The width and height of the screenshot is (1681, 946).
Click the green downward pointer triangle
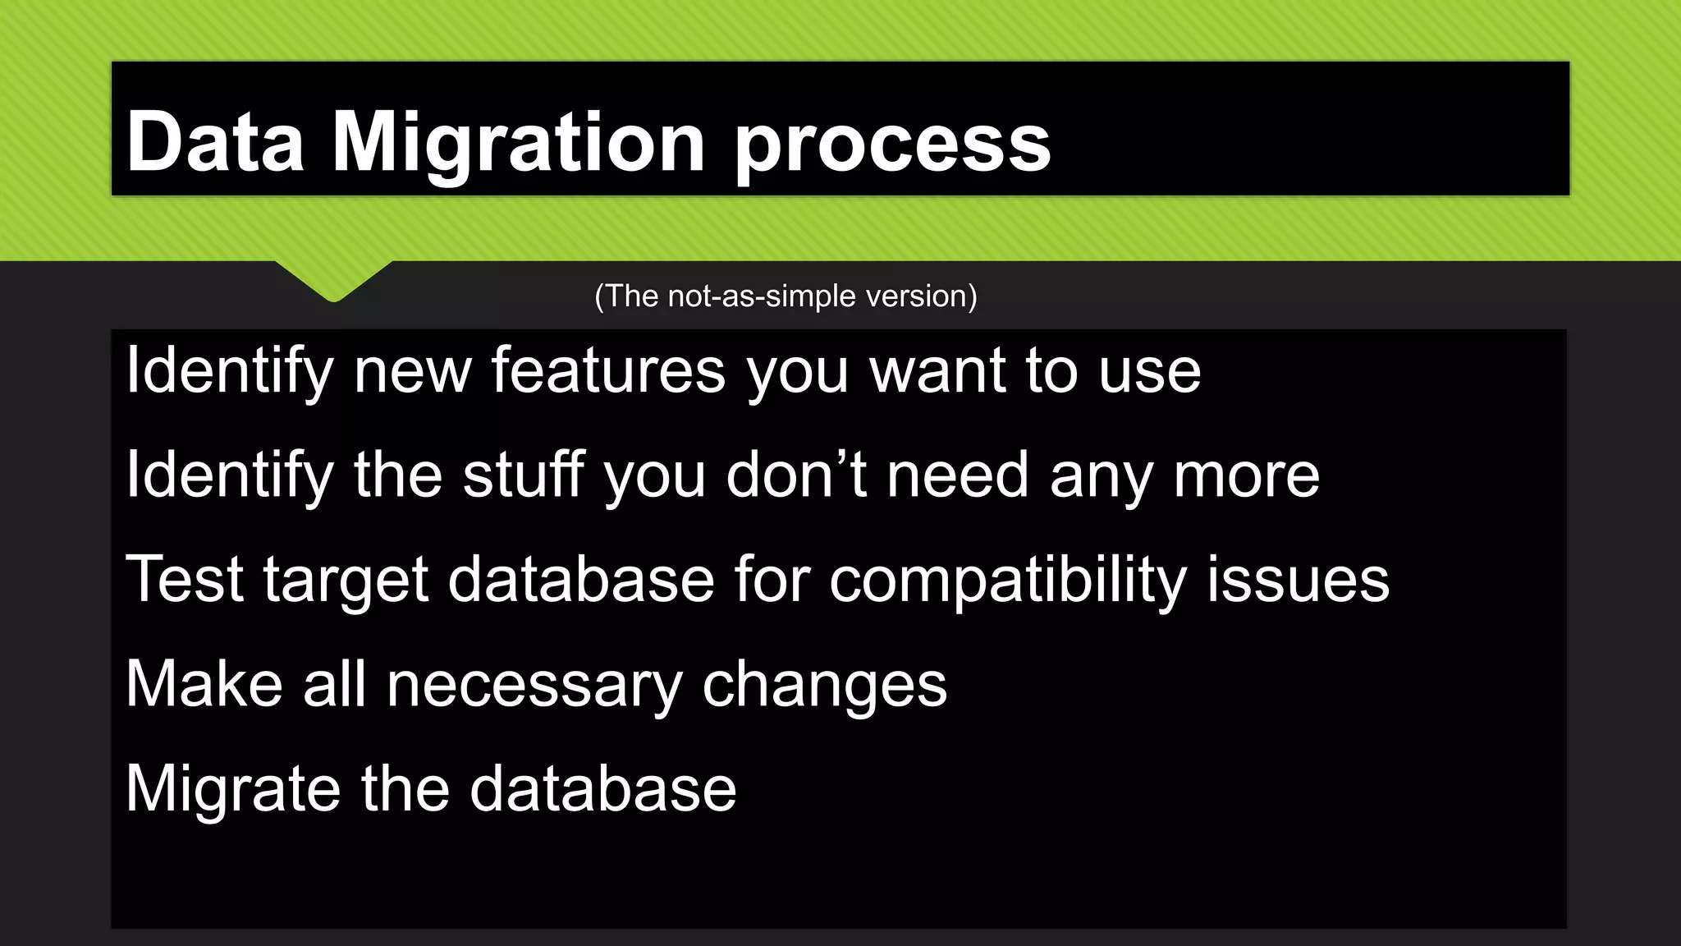(x=333, y=279)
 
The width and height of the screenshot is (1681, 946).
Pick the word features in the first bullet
(x=608, y=371)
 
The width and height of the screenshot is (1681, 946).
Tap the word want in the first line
(x=937, y=371)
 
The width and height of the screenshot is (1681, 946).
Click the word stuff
(x=524, y=475)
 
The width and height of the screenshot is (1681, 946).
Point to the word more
(x=1246, y=475)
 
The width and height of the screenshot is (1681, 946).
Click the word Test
(x=185, y=579)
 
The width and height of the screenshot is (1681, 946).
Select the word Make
(x=204, y=684)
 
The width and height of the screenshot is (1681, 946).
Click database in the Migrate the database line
(x=602, y=788)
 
